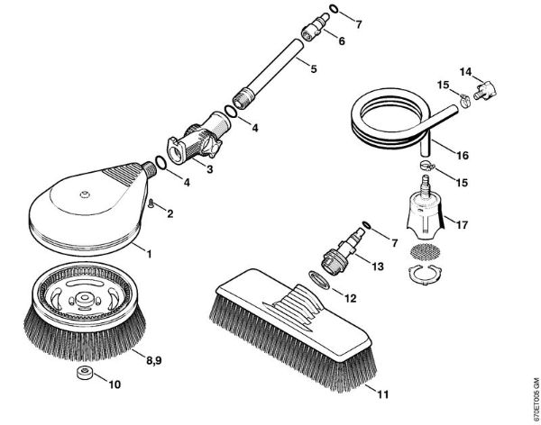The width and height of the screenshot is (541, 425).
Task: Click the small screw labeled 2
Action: (151, 203)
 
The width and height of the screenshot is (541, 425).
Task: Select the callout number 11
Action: (382, 393)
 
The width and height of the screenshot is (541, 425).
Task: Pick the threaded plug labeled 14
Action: (485, 89)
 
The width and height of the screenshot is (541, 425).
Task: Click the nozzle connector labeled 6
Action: (313, 28)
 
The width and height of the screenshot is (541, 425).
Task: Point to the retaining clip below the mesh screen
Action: (424, 274)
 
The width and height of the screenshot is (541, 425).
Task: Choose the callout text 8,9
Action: (154, 360)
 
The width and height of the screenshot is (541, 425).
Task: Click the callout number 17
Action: (462, 225)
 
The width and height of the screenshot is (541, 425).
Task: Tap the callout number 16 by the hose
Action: (463, 155)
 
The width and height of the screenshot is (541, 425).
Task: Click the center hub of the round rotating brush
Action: (83, 297)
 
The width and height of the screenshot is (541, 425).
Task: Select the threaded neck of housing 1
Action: (149, 169)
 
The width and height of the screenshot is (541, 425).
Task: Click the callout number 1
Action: (149, 255)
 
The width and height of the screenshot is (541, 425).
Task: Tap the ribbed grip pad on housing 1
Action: (121, 174)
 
